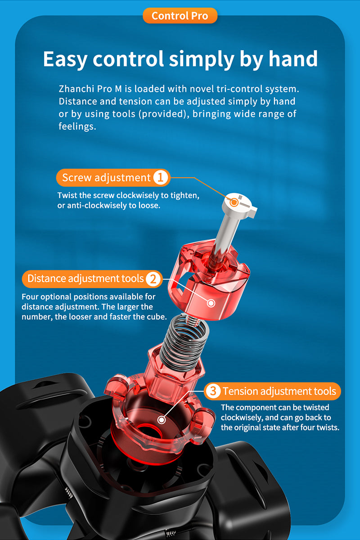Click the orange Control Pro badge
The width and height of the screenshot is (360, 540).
click(x=180, y=16)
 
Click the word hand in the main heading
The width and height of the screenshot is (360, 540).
click(x=293, y=58)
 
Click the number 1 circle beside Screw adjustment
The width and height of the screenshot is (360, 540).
click(x=160, y=178)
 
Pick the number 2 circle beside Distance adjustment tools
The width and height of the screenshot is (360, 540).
click(x=153, y=279)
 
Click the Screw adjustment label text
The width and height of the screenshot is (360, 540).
click(x=106, y=178)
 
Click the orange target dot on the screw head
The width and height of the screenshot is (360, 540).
click(x=234, y=202)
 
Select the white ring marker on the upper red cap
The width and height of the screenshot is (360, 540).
click(x=211, y=303)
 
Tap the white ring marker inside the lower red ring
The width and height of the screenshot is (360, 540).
click(x=162, y=420)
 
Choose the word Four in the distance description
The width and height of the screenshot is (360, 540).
click(x=30, y=297)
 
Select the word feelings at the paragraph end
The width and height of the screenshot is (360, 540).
click(x=77, y=126)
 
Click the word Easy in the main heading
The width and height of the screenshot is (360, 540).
click(x=64, y=59)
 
